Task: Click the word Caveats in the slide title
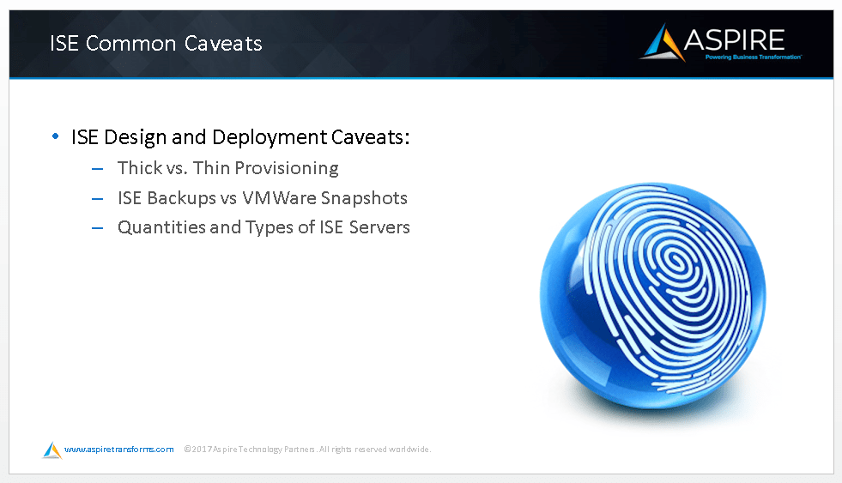[223, 44]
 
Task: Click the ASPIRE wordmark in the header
[734, 39]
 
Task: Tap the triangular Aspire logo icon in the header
[663, 42]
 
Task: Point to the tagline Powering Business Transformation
[753, 57]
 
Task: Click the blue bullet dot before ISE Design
[55, 136]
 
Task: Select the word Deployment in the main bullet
[270, 137]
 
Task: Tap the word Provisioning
[287, 168]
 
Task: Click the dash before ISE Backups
[97, 199]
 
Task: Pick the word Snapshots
[364, 198]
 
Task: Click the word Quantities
[161, 227]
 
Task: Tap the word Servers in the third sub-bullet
[379, 227]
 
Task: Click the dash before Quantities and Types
[97, 228]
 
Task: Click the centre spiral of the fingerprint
[675, 261]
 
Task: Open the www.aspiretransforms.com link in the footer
[118, 450]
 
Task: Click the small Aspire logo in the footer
[52, 450]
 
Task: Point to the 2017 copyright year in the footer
[202, 450]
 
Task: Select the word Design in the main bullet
[135, 137]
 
